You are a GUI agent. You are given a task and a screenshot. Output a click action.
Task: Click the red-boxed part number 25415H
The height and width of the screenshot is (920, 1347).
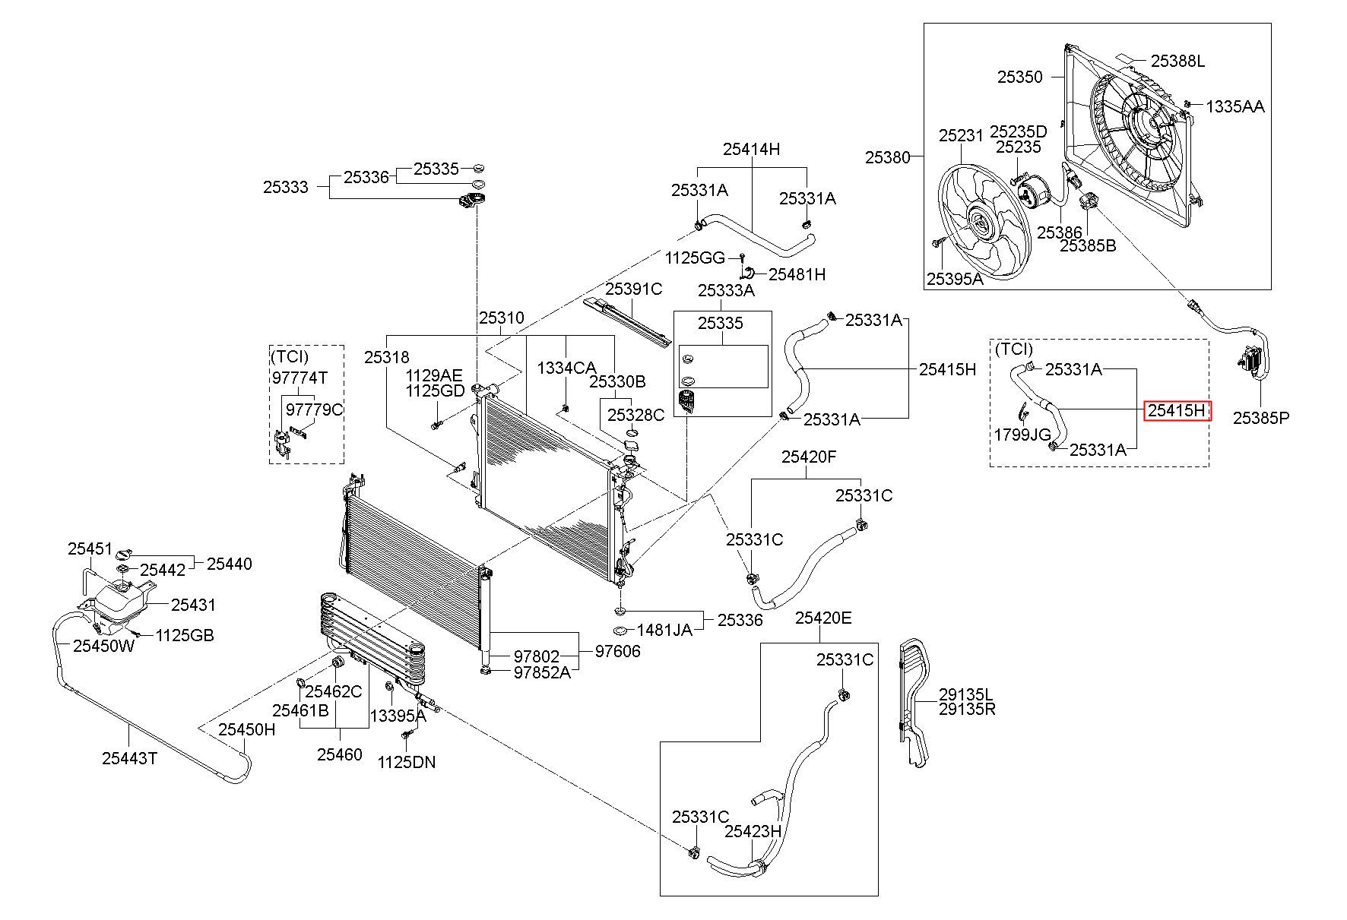pos(1176,411)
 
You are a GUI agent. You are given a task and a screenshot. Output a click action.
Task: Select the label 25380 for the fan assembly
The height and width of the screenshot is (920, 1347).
pos(887,157)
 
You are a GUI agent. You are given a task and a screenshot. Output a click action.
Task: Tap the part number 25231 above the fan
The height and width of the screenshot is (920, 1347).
pos(961,135)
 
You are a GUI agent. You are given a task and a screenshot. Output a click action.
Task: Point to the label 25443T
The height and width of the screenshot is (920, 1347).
pos(129,757)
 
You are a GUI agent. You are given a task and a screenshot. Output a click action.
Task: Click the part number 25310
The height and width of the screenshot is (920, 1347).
pos(501,318)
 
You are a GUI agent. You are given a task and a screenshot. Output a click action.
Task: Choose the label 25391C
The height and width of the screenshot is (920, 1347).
pos(634,289)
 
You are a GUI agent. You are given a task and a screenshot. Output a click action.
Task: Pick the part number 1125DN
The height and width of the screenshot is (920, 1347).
pos(407,762)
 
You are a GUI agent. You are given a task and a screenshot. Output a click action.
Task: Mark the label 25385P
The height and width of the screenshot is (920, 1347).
pos(1261,417)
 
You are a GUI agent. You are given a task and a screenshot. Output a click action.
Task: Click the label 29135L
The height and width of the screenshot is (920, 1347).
pos(966,694)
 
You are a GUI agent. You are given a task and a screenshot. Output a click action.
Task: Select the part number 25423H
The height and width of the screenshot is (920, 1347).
pos(753,831)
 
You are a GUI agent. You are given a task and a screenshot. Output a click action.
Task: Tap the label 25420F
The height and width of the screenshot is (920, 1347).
pos(809,457)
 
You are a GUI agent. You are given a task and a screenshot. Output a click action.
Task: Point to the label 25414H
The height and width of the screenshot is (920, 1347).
pos(751,149)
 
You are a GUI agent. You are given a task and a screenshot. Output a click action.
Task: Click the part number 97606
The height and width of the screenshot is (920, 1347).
pos(617,651)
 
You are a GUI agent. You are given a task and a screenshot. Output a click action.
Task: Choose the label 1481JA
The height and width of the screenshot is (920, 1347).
pos(664,629)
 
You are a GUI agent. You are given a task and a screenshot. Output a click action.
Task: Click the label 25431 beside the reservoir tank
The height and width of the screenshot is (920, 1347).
pos(193,605)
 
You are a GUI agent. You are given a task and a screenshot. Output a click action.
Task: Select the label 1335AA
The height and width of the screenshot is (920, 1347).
pos(1235,106)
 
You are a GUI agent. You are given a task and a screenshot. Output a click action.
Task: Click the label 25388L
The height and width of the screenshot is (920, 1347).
pos(1177,62)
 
